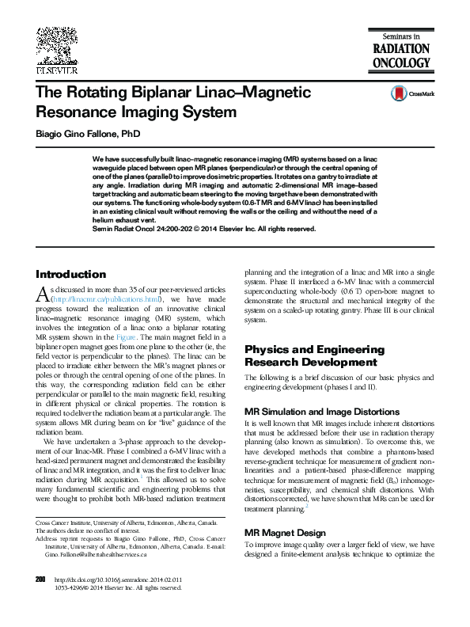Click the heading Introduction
70,274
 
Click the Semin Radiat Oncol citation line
204,229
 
